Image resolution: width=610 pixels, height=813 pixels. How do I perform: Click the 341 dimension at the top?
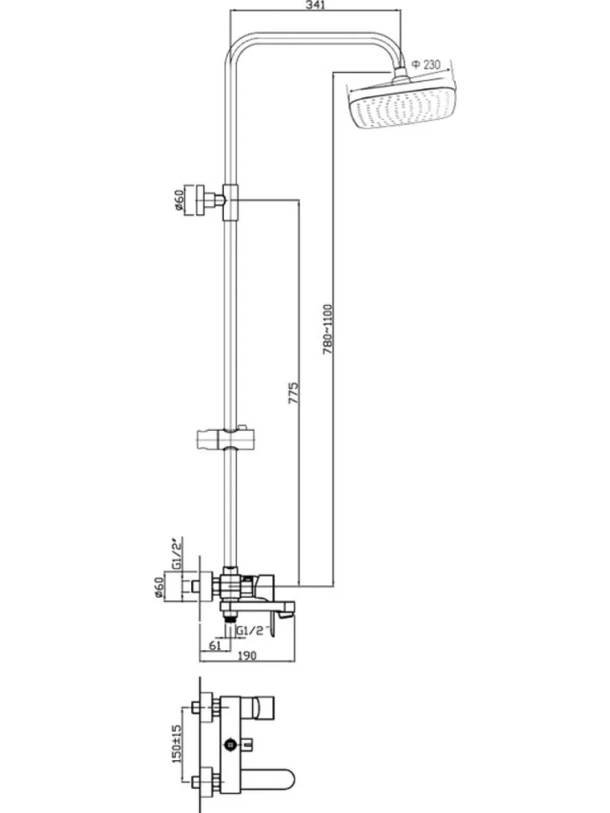click(x=315, y=5)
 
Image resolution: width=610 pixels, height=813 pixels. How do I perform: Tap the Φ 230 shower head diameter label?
click(x=426, y=65)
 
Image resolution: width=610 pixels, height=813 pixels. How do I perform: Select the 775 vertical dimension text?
click(x=293, y=394)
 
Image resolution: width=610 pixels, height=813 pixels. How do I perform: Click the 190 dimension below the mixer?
click(x=246, y=655)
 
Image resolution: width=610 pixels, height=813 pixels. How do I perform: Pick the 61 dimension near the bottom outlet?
click(x=215, y=645)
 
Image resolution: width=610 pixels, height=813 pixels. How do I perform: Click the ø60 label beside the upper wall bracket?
click(x=178, y=200)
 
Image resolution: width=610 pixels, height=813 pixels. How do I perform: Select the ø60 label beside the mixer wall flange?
click(x=159, y=587)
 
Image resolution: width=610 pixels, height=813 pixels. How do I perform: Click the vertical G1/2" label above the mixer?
click(x=178, y=554)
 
